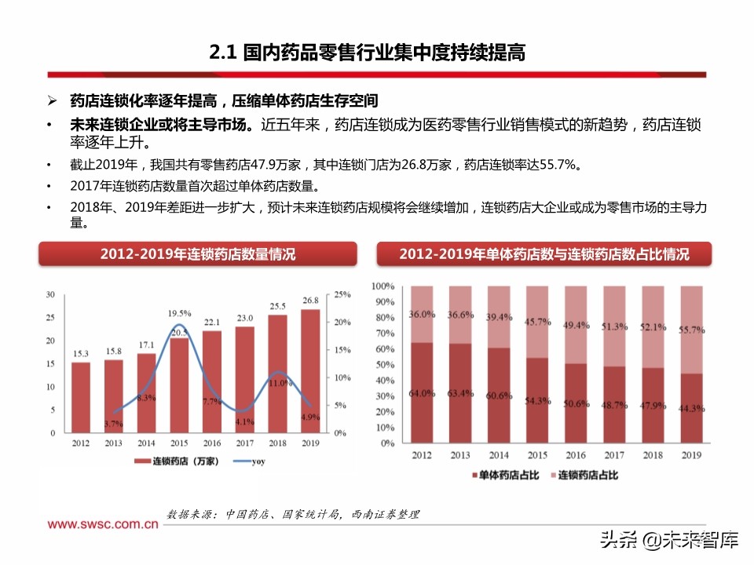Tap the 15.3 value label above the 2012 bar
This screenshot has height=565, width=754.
coord(80,353)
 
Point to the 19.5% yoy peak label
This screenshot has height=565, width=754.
coord(180,313)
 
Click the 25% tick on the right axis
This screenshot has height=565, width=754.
coord(342,295)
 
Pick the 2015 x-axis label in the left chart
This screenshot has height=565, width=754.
coord(180,443)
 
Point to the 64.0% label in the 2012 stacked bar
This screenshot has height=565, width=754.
coord(422,393)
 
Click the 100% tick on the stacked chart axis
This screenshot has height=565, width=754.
coord(382,286)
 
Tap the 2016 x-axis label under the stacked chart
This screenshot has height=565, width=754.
coord(576,455)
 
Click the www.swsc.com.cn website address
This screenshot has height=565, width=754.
coord(101,525)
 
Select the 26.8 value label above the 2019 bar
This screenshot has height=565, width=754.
coord(310,300)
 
